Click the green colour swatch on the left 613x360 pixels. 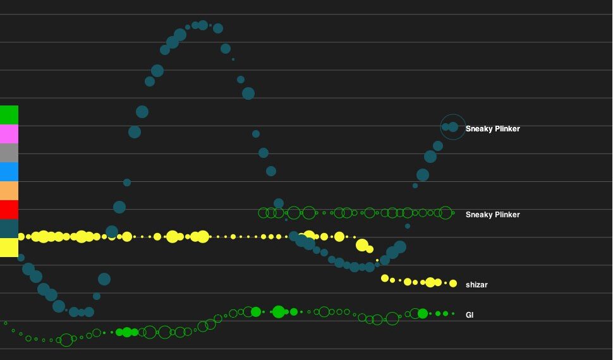9,115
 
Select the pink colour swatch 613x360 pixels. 9,134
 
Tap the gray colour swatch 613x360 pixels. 9,153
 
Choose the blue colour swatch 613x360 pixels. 9,172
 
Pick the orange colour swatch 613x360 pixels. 9,191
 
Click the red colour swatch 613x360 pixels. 9,210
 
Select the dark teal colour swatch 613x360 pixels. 9,229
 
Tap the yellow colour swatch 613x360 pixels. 9,248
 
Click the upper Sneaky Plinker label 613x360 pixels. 492,129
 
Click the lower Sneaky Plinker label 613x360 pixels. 492,215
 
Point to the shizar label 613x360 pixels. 476,285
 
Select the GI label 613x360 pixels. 470,315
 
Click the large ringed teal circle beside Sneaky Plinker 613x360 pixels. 452,127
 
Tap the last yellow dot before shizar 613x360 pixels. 453,284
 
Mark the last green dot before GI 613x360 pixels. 454,313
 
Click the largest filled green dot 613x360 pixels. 279,311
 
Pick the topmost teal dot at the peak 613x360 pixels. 203,25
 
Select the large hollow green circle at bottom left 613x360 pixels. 66,340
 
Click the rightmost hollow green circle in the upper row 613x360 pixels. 446,213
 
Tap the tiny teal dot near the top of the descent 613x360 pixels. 233,59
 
